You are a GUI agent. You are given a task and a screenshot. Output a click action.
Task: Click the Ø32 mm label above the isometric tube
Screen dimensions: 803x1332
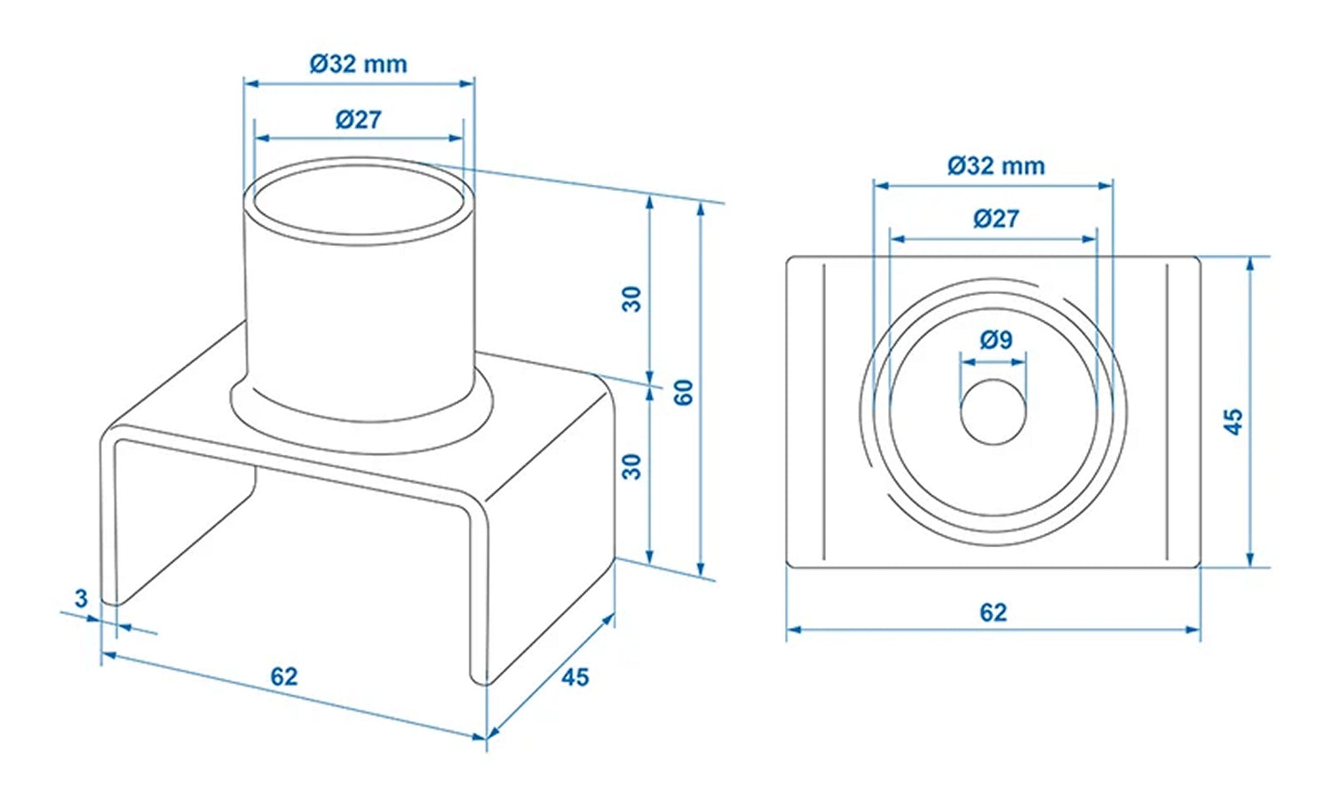pyautogui.click(x=358, y=64)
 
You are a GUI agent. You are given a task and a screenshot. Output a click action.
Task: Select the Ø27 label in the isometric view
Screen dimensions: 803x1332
pyautogui.click(x=358, y=119)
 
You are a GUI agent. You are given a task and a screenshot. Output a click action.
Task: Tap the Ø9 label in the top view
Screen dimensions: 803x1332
pyautogui.click(x=995, y=339)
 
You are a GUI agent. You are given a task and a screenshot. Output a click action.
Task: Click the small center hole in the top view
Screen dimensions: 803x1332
pyautogui.click(x=993, y=411)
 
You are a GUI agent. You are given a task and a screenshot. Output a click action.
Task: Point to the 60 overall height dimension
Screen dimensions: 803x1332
pyautogui.click(x=683, y=392)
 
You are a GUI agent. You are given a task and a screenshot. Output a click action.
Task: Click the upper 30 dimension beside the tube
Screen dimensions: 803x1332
pyautogui.click(x=631, y=298)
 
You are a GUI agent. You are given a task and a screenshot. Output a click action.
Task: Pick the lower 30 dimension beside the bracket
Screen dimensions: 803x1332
pyautogui.click(x=631, y=465)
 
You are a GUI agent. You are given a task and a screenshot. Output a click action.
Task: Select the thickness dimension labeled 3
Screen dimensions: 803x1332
pyautogui.click(x=81, y=598)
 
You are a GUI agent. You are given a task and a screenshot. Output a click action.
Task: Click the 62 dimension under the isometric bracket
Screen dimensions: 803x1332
pyautogui.click(x=283, y=677)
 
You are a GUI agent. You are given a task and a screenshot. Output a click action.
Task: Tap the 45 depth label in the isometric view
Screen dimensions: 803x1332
pyautogui.click(x=575, y=677)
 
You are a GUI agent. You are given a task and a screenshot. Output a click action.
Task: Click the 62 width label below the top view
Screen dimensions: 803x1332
pyautogui.click(x=993, y=612)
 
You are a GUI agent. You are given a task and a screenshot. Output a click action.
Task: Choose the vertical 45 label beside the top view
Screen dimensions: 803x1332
pyautogui.click(x=1233, y=421)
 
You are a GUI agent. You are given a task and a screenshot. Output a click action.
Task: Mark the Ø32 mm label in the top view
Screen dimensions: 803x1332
pyautogui.click(x=995, y=166)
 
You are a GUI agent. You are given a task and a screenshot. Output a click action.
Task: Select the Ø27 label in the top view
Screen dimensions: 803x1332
pyautogui.click(x=995, y=219)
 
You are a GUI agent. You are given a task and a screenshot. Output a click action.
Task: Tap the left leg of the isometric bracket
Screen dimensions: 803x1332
pyautogui.click(x=109, y=524)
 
